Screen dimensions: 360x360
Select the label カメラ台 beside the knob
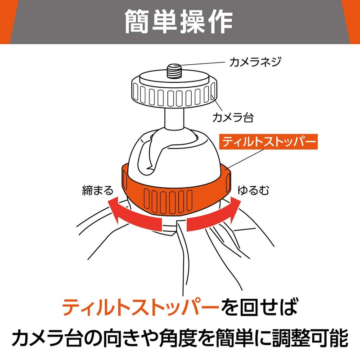[233, 118]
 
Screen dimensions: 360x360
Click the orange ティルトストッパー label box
[268, 143]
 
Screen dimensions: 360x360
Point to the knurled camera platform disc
[173, 92]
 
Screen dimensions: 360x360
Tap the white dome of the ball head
[189, 153]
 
